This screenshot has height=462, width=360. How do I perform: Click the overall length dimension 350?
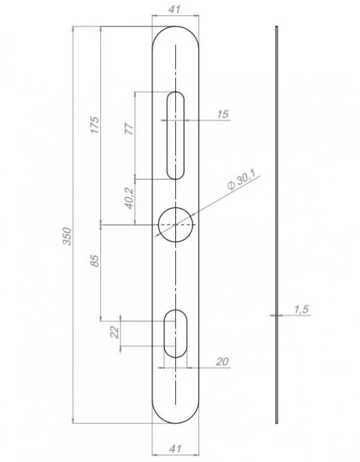pyautogui.click(x=68, y=236)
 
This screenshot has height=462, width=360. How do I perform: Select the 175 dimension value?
pyautogui.click(x=95, y=125)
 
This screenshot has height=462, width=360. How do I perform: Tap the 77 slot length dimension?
pyautogui.click(x=129, y=129)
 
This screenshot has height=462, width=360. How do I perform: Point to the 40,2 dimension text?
pyautogui.click(x=129, y=198)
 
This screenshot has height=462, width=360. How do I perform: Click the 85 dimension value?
pyautogui.click(x=95, y=261)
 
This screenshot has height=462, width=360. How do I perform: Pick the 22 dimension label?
pyautogui.click(x=115, y=332)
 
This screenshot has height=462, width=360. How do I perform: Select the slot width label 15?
pyautogui.click(x=222, y=114)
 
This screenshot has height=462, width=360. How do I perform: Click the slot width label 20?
pyautogui.click(x=222, y=361)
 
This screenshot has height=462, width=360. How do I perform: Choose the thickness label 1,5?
pyautogui.click(x=301, y=309)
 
